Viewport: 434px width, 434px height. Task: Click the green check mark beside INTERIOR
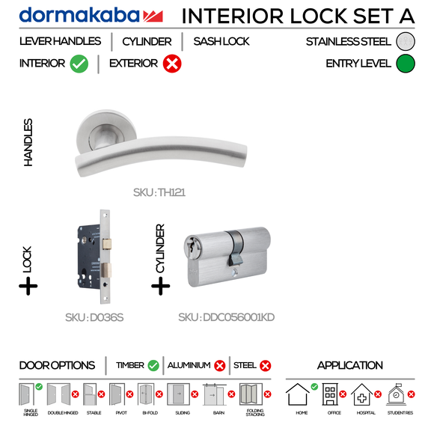[x=79, y=64]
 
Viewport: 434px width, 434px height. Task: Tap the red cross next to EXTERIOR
[x=171, y=64]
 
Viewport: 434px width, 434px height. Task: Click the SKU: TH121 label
[x=159, y=192]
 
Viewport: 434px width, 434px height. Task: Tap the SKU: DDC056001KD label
[x=227, y=317]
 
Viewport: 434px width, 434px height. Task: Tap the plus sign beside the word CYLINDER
[x=161, y=285]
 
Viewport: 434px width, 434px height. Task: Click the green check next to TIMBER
[x=153, y=366]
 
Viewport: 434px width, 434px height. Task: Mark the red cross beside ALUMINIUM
[x=220, y=366]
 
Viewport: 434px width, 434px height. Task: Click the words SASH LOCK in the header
[x=221, y=42]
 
